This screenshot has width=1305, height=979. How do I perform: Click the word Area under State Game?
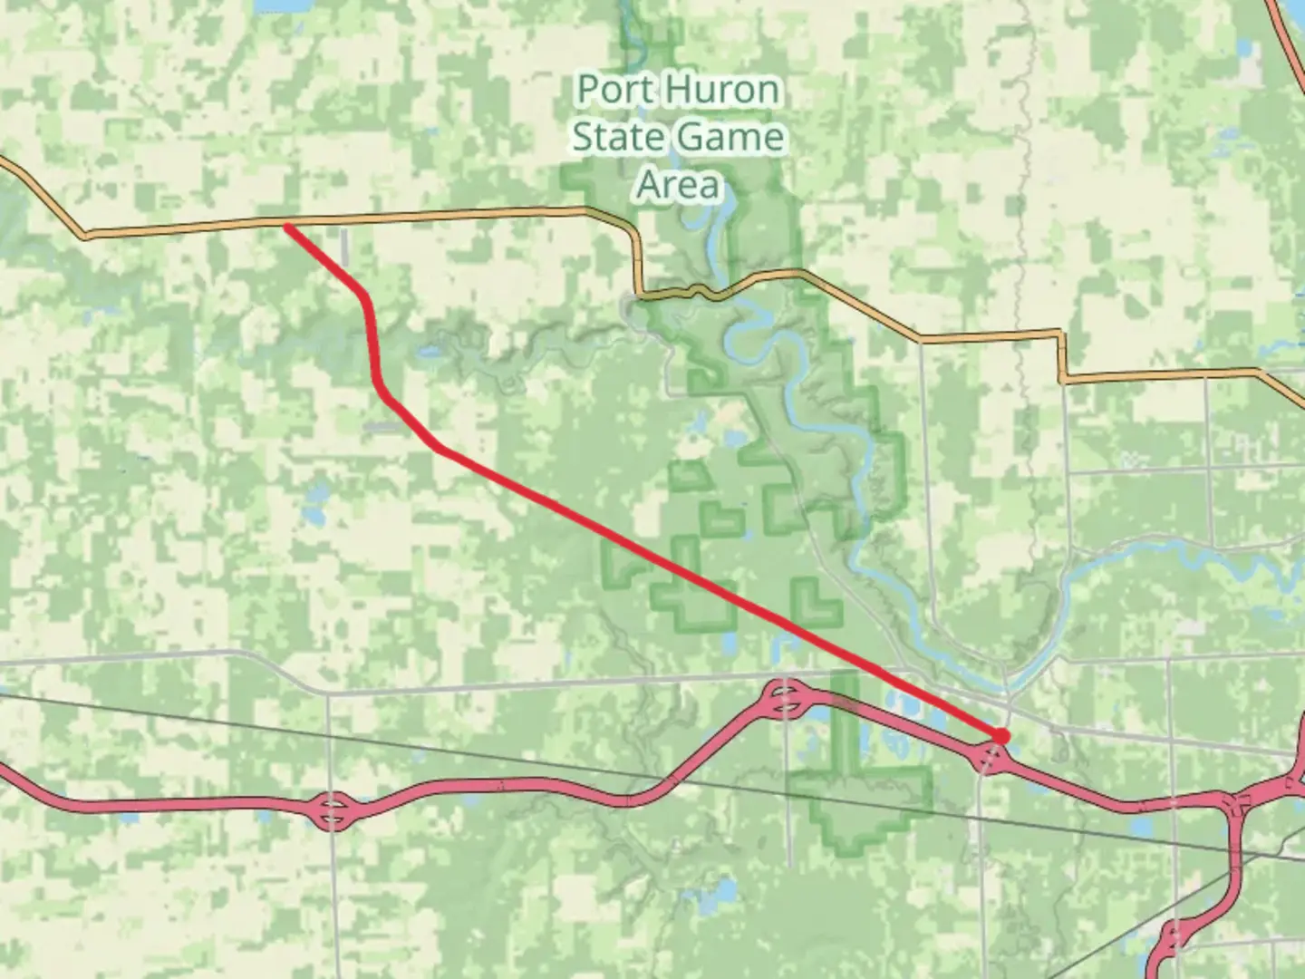[678, 185]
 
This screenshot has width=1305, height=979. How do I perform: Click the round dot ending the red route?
[1000, 736]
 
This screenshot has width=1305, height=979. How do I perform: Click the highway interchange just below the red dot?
[991, 758]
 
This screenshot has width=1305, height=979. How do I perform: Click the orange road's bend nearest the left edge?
[84, 236]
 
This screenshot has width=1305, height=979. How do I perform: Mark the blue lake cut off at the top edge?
[276, 5]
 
